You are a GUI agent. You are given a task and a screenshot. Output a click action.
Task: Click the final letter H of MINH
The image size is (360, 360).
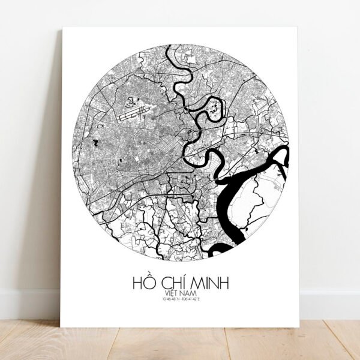coord(225,281)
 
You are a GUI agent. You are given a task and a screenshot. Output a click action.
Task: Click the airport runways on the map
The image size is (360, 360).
coord(133,112)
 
